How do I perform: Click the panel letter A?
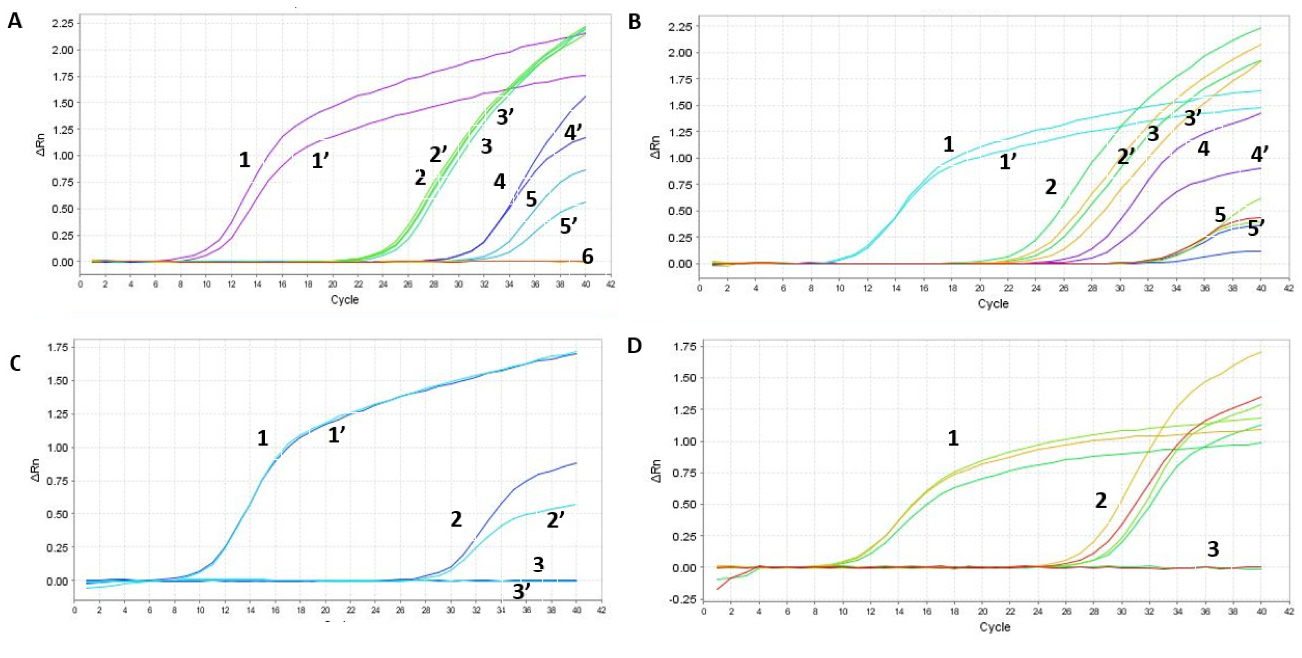(15, 21)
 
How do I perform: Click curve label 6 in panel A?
(587, 256)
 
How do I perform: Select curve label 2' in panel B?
(1126, 156)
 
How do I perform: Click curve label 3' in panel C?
(522, 592)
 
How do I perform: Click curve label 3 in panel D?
(1213, 549)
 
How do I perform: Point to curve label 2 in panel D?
(1101, 501)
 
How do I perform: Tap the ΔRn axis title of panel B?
(656, 147)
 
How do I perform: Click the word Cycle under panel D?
(995, 627)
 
